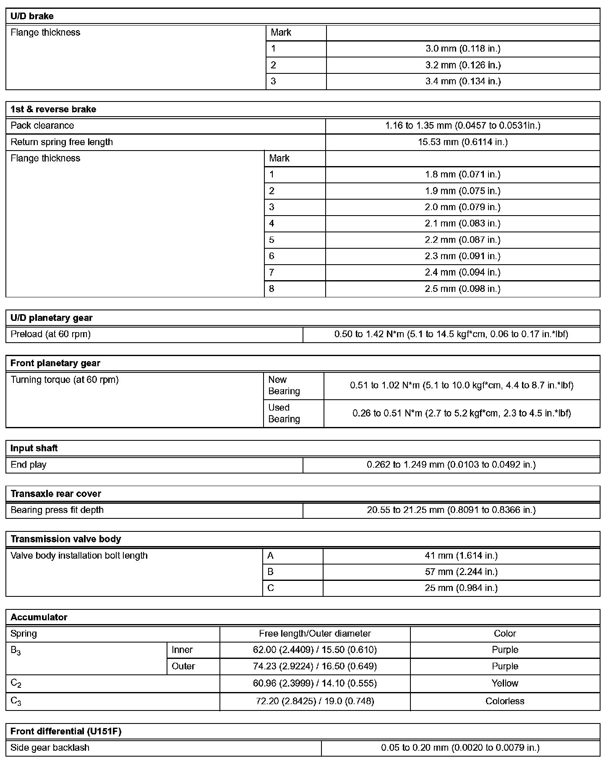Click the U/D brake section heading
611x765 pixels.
[x=32, y=16]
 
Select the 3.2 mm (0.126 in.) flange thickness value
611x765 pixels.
[x=463, y=65]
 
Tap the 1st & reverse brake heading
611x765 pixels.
[x=53, y=109]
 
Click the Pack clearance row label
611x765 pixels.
[x=42, y=125]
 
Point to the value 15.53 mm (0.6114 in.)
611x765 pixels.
[x=462, y=142]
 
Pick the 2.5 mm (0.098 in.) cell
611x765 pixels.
[x=462, y=289]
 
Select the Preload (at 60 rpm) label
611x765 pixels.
[x=51, y=334]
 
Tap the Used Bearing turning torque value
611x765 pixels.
[x=462, y=414]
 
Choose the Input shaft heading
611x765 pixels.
[x=34, y=448]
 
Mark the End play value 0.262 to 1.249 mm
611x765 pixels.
[x=451, y=465]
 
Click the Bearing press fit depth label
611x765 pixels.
[x=57, y=510]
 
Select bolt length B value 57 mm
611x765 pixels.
[x=461, y=572]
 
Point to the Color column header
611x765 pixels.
[x=505, y=633]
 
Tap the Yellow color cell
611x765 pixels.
[x=505, y=683]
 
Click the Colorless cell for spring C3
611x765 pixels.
[x=505, y=701]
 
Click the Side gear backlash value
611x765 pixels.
[x=460, y=747]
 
